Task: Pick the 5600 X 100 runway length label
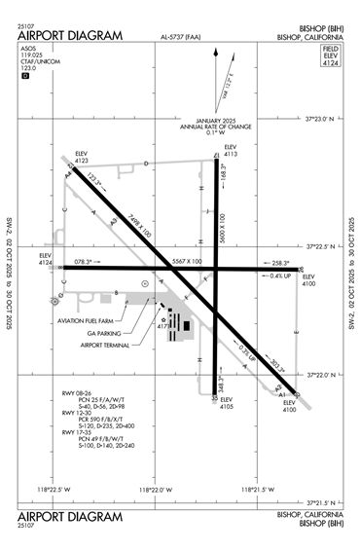224,227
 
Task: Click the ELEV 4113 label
231,150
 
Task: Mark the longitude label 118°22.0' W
155,489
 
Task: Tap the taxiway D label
146,165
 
